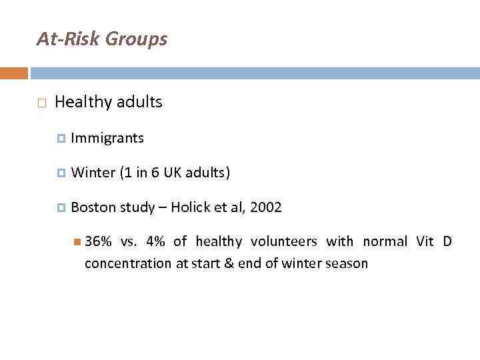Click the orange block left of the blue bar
[x=14, y=73]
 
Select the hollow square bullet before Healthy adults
[x=41, y=103]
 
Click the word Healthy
[x=83, y=102]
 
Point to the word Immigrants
[x=107, y=138]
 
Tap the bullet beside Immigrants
[x=61, y=139]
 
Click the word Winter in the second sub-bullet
[x=93, y=173]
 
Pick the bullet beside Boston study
[x=61, y=208]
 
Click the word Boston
[x=93, y=207]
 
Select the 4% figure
[x=152, y=241]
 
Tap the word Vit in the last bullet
[x=424, y=241]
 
